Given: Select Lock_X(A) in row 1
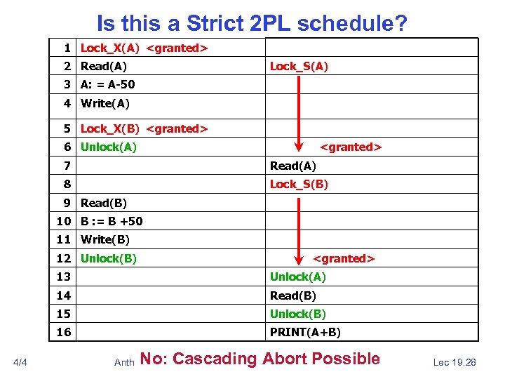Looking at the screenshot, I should [110, 48].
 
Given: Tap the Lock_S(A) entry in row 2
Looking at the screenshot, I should [299, 67].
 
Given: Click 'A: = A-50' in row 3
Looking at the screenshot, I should [108, 85].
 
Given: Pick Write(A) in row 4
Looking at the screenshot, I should [105, 103].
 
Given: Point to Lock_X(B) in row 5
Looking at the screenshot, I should [110, 128].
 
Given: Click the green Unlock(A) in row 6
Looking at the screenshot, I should [109, 147].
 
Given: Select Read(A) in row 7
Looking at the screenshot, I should [293, 166].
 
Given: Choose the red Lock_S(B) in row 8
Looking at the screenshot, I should [299, 185].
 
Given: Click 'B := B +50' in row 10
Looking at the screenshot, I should [112, 221].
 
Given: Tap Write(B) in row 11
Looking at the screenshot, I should [105, 239].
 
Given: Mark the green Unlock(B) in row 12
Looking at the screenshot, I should [109, 258].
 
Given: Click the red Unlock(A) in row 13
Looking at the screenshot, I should [298, 277].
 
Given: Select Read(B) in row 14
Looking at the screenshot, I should [293, 295].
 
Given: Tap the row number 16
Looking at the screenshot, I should [65, 332].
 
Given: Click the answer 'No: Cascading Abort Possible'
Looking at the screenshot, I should [260, 359].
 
